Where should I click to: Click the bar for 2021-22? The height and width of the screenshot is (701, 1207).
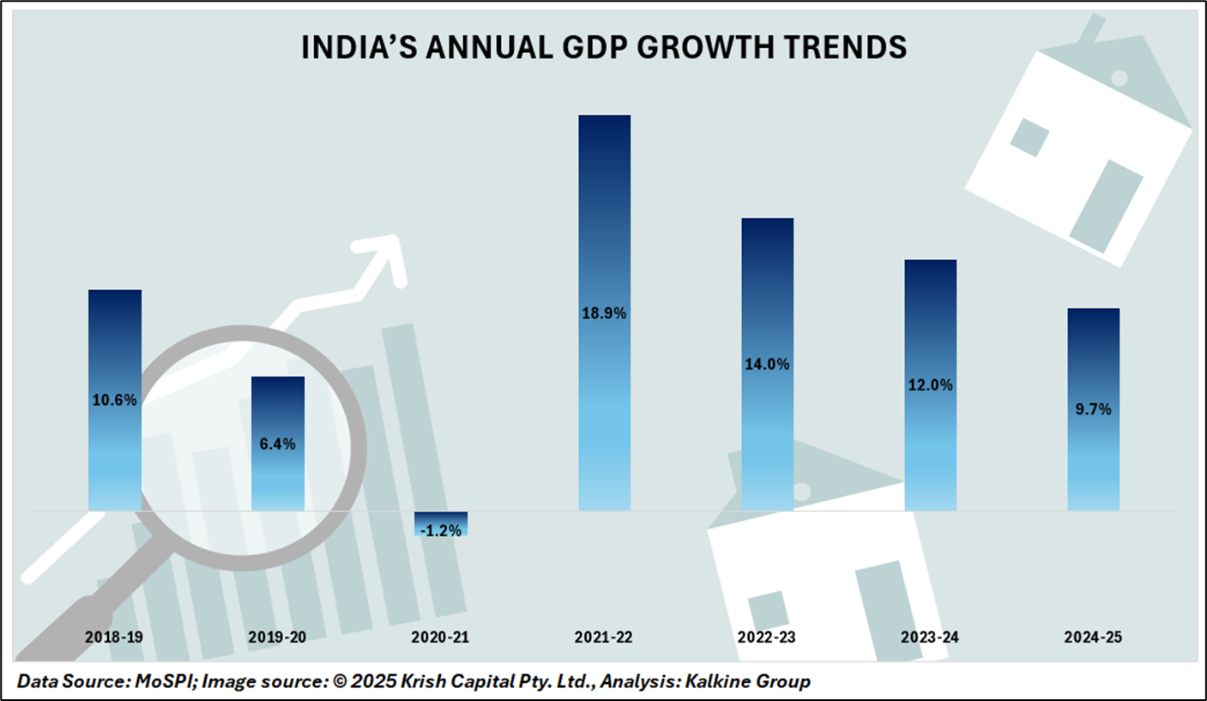pos(604,215)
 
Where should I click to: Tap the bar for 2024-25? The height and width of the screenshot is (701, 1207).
pos(1093,360)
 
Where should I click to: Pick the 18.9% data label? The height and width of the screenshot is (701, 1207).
pos(604,313)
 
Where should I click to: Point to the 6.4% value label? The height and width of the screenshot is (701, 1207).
pos(277,444)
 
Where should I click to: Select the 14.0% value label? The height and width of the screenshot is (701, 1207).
pos(767,364)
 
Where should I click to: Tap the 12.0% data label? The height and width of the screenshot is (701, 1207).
pos(931,385)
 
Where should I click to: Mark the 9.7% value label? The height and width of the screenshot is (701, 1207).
pos(1093,409)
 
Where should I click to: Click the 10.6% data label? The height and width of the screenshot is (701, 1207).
pos(114,399)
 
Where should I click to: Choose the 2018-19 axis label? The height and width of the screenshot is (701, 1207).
pos(114,638)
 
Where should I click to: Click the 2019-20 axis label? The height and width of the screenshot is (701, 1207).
pos(277,638)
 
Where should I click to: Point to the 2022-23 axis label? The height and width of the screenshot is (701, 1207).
pos(767,638)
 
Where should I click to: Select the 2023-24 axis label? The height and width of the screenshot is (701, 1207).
pos(931,638)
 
